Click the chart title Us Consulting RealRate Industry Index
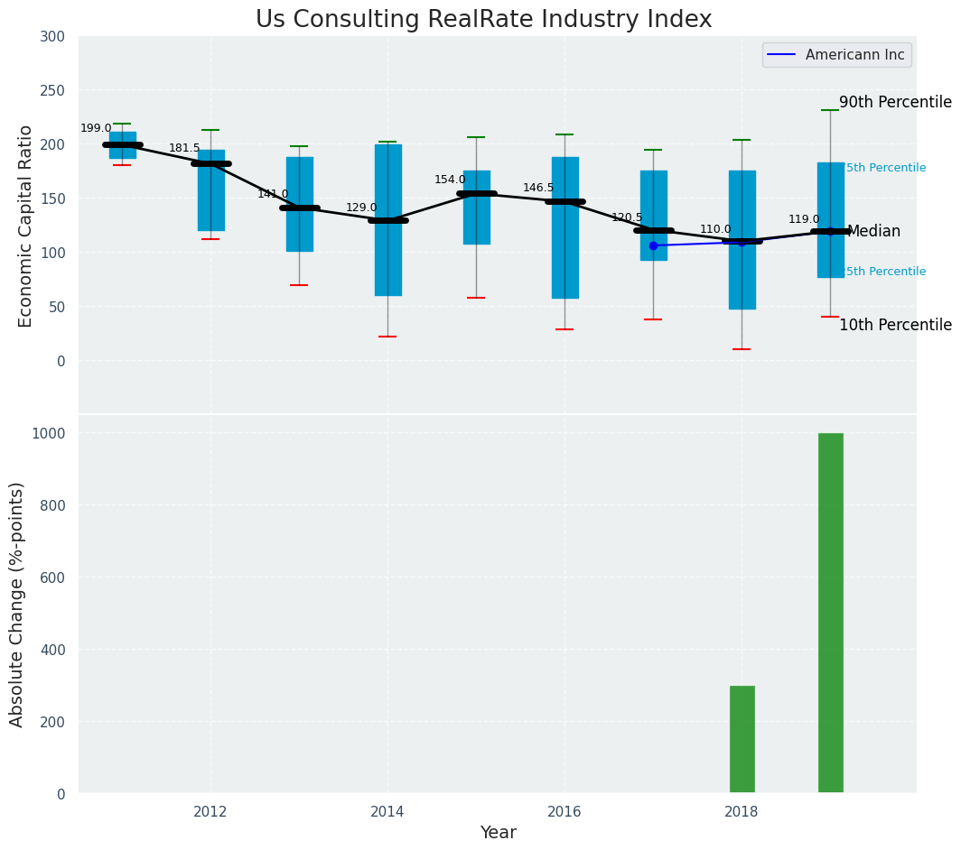pyautogui.click(x=483, y=20)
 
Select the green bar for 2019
pyautogui.click(x=831, y=613)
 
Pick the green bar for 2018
pyautogui.click(x=742, y=739)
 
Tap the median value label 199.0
pyautogui.click(x=96, y=129)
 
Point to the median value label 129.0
pyautogui.click(x=361, y=208)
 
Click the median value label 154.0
pyautogui.click(x=450, y=180)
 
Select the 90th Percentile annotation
pyautogui.click(x=895, y=102)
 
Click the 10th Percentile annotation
pyautogui.click(x=895, y=325)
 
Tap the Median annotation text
pyautogui.click(x=873, y=232)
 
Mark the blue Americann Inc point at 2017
pyautogui.click(x=653, y=245)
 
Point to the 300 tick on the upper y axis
pyautogui.click(x=52, y=36)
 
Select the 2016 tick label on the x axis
pyautogui.click(x=564, y=811)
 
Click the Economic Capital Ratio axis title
pyautogui.click(x=26, y=226)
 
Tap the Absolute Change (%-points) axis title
pyautogui.click(x=17, y=604)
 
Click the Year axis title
pyautogui.click(x=498, y=833)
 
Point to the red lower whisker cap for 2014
pyautogui.click(x=388, y=337)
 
